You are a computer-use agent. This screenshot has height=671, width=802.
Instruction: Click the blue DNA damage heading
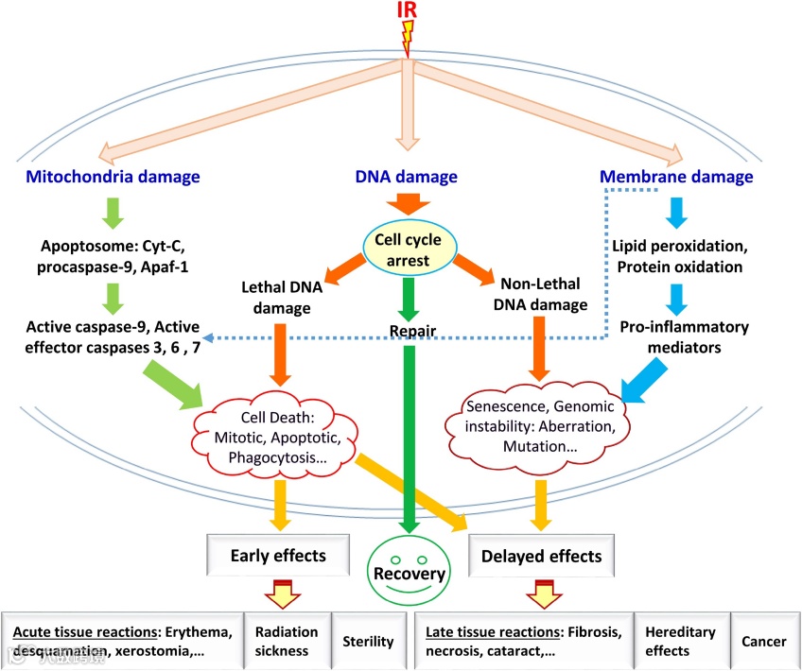407,177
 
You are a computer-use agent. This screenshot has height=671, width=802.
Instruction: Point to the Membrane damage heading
677,177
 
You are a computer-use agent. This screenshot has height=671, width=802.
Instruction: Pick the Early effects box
278,556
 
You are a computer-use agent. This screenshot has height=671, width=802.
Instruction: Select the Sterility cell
369,641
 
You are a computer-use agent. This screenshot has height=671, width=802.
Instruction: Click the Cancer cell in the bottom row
764,641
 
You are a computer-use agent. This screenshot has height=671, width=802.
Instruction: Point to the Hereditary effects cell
679,641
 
